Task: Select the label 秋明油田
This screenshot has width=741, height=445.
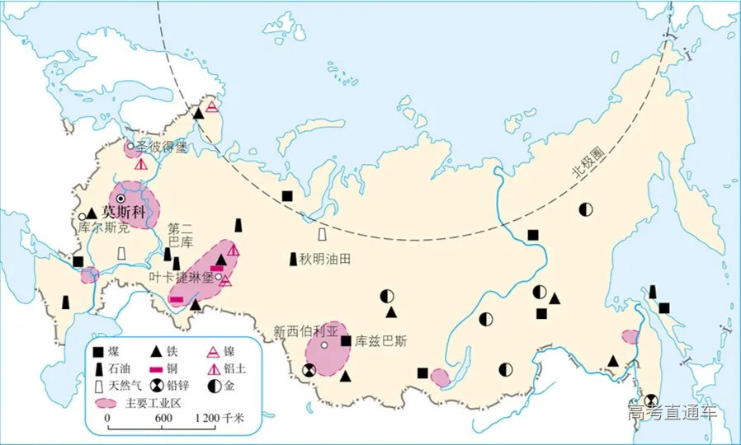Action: (x=326, y=259)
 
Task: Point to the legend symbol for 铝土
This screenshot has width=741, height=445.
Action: (x=213, y=368)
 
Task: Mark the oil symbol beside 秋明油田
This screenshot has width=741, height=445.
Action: (x=294, y=259)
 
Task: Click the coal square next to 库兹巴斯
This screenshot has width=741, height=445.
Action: (x=346, y=340)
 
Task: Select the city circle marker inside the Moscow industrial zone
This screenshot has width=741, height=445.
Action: (x=122, y=199)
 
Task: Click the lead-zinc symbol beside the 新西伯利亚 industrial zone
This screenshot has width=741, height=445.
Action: (x=308, y=372)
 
